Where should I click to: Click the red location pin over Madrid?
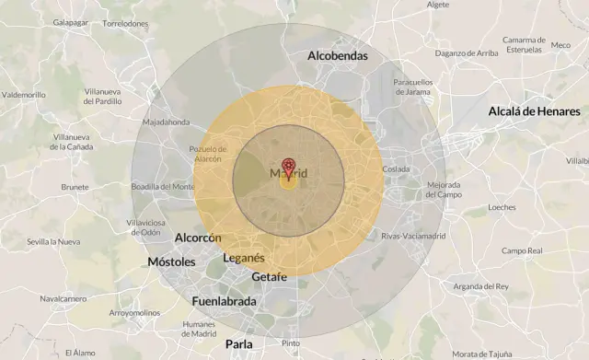288,166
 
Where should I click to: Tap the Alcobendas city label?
337,56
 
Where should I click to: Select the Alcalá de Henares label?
534,111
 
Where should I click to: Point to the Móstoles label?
171,262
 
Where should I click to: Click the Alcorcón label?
198,238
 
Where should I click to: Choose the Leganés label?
243,258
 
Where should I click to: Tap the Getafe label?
269,277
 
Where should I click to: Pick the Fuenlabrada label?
225,301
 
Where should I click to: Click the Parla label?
238,344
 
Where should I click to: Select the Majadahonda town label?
166,122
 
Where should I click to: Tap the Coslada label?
396,168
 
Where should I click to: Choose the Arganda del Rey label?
480,286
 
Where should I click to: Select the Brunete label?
75,187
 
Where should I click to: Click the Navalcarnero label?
63,298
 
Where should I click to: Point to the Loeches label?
502,207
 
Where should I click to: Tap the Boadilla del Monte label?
162,186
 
